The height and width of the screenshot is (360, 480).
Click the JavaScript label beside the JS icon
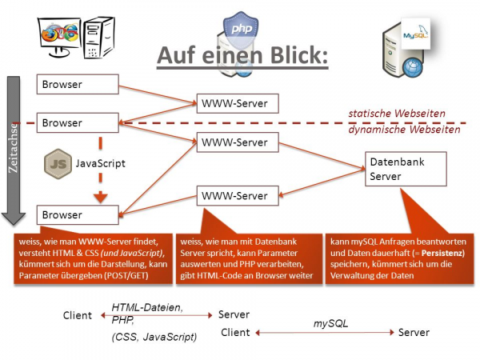point(101,163)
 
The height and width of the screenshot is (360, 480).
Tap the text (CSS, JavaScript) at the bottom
point(155,338)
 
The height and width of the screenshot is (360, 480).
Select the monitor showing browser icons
point(60,36)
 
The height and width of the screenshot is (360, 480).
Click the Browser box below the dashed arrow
point(77,214)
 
